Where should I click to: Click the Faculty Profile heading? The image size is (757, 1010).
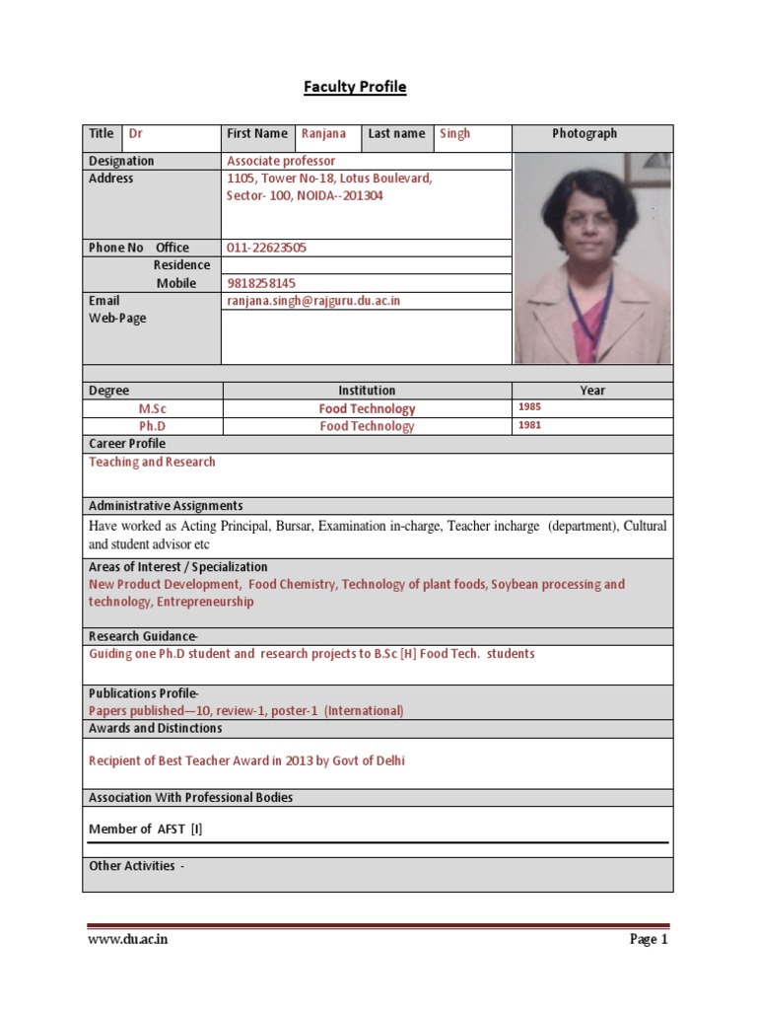[354, 88]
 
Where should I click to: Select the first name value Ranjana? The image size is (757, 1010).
[323, 134]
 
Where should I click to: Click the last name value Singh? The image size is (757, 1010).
[454, 134]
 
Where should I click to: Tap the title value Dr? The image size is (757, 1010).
[137, 134]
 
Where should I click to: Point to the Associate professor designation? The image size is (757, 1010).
[281, 161]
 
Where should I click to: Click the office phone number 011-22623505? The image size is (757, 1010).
[266, 248]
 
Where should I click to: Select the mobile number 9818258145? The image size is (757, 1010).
[261, 283]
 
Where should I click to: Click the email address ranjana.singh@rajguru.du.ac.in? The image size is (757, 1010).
[313, 301]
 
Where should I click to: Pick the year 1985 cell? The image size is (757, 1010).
[530, 407]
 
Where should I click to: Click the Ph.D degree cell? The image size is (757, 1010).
[152, 426]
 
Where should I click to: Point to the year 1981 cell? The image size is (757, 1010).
[530, 425]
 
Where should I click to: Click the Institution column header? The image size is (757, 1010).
[367, 391]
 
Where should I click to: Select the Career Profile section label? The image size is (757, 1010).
[127, 444]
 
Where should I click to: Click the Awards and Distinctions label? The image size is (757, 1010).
[155, 728]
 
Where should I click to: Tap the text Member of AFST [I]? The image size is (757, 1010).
[146, 830]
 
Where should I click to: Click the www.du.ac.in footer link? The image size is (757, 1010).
[128, 940]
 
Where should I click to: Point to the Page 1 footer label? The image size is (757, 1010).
[649, 940]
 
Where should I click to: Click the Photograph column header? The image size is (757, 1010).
[585, 134]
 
